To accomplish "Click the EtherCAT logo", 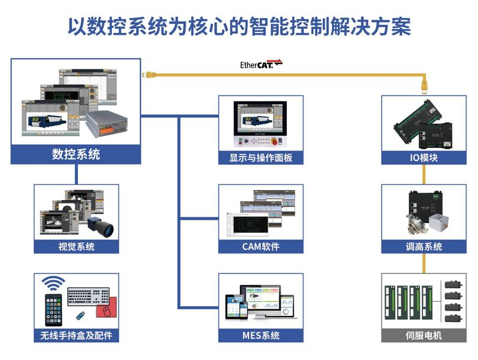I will [261, 64].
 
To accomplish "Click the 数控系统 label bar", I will [76, 155].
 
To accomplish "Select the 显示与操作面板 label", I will [261, 158].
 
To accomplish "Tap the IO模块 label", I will [423, 158].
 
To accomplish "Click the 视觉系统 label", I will [76, 247].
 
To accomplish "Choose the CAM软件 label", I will [261, 247].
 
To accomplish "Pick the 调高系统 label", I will [423, 247].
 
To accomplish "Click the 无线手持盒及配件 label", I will [76, 336].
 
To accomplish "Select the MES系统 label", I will [261, 336].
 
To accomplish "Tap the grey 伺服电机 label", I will [423, 336].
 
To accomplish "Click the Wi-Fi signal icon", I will [55, 283].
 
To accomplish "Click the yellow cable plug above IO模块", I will [423, 86].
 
